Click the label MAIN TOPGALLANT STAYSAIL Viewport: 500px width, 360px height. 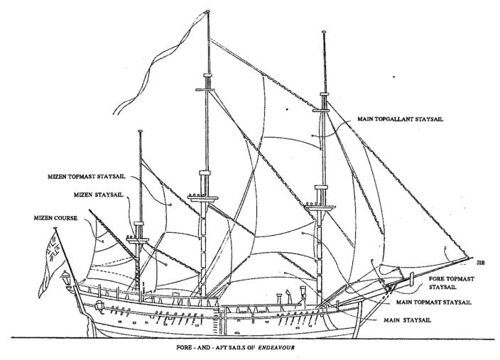click(399, 119)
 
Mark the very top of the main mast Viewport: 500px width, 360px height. click(208, 11)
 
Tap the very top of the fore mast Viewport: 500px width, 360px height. click(324, 33)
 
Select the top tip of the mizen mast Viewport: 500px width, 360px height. click(141, 131)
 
